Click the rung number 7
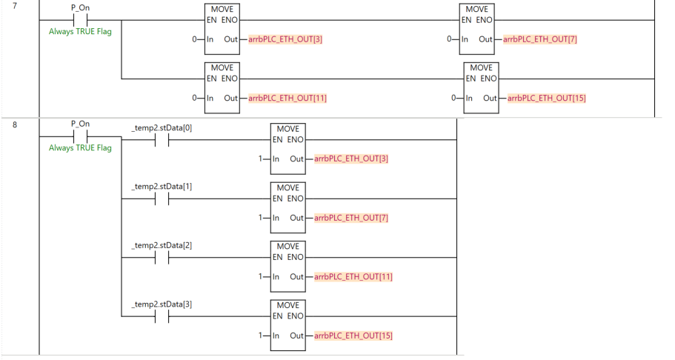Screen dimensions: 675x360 coord(15,6)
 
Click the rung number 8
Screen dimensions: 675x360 coord(15,125)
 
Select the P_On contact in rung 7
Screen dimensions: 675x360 coord(81,20)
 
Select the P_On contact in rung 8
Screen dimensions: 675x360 coord(81,136)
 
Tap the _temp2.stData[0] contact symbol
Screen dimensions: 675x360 coord(162,140)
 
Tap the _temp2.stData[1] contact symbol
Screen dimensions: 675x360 coord(162,199)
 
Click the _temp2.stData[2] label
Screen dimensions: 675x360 coord(162,245)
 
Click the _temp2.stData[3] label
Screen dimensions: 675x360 coord(162,304)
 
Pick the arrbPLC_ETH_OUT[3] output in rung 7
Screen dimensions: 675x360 coord(285,39)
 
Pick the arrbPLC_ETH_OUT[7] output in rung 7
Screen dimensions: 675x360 coord(540,39)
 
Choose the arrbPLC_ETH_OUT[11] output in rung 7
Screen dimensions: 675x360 coord(287,99)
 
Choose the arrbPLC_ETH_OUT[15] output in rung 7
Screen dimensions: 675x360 coord(547,99)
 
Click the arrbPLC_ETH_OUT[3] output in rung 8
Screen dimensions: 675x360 coord(351,159)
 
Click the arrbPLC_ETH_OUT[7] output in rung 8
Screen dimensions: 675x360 coord(351,218)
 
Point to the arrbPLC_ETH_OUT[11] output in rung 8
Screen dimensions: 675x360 coord(353,277)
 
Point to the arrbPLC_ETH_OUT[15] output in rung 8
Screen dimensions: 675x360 coord(353,336)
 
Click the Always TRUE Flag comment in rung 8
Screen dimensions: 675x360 coord(80,147)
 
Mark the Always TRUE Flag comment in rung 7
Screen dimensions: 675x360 coord(80,31)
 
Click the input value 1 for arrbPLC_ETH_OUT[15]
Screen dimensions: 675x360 coord(261,336)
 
